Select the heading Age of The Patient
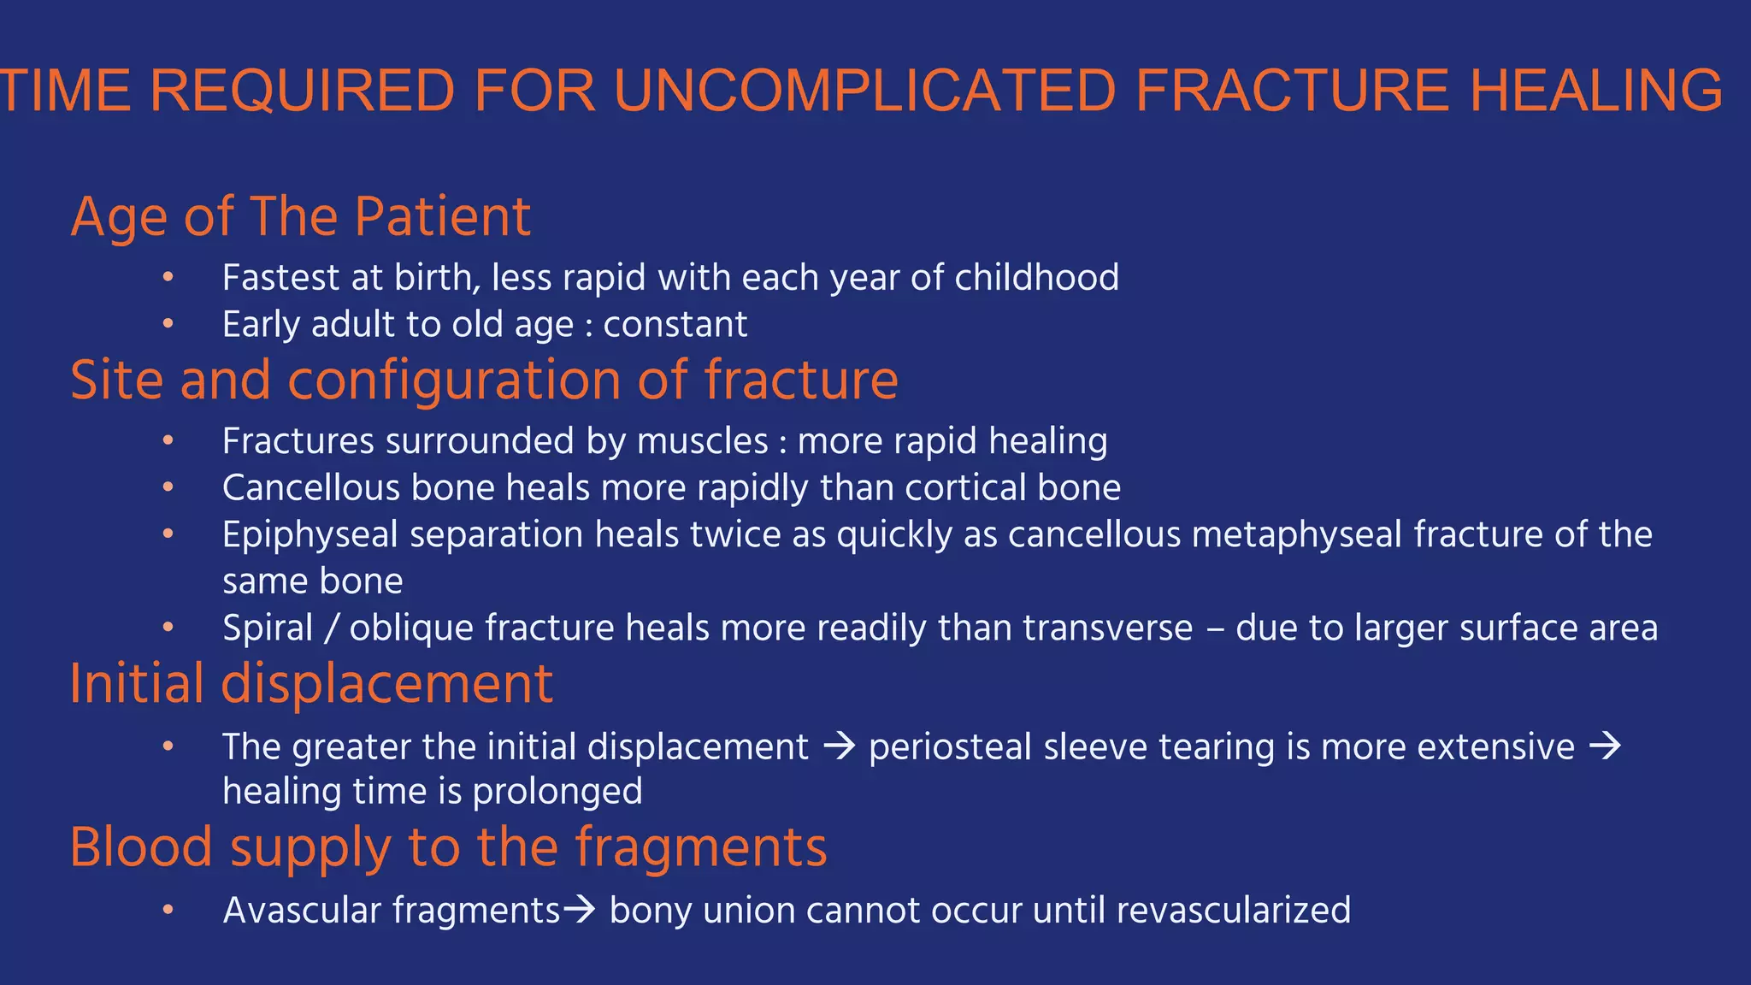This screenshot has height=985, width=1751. point(300,216)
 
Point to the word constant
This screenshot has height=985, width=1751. point(675,325)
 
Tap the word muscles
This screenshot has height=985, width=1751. point(702,441)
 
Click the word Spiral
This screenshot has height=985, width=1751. point(268,628)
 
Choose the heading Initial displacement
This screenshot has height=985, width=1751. point(311,684)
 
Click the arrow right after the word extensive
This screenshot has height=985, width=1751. point(1605,746)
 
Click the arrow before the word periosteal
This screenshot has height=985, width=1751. point(839,746)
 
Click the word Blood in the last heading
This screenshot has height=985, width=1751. point(140,847)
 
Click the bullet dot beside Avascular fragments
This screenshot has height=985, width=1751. point(168,910)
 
